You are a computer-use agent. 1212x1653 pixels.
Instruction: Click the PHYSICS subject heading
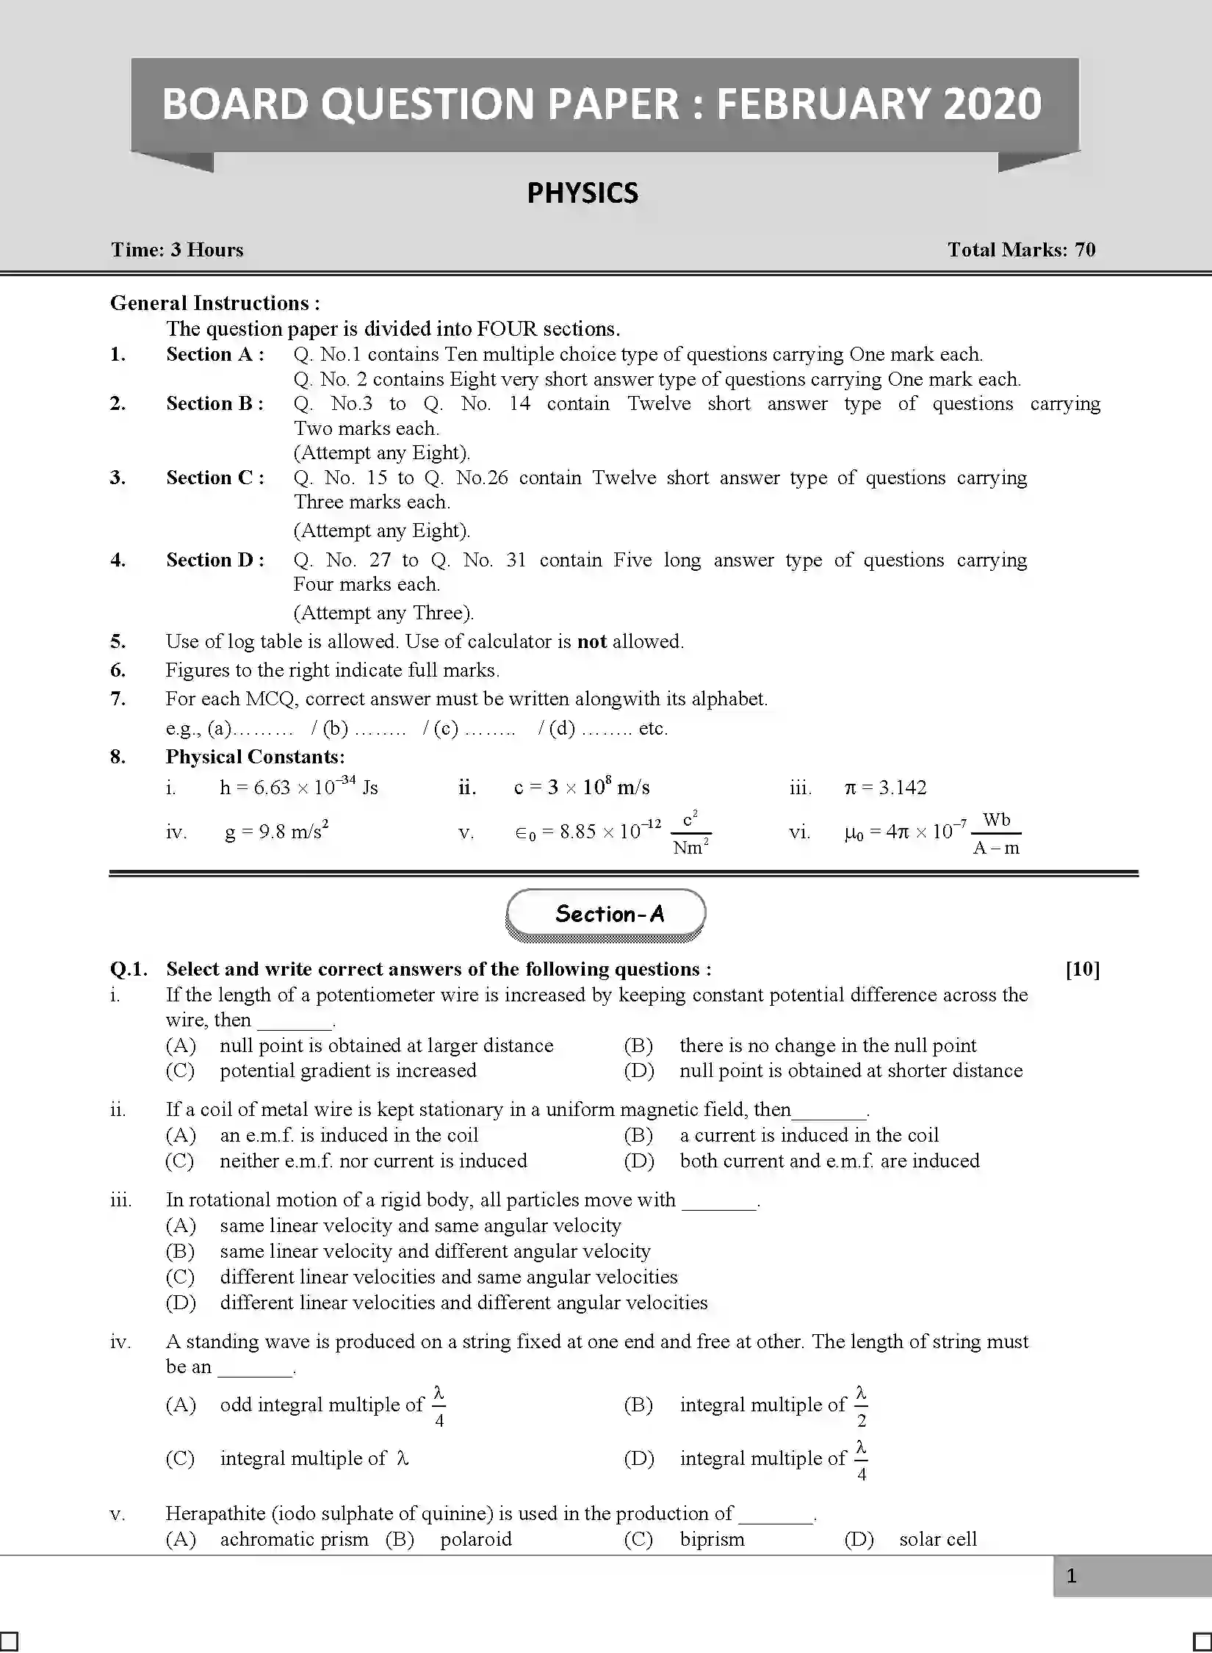point(582,193)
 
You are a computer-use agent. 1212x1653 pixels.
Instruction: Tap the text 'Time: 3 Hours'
point(177,250)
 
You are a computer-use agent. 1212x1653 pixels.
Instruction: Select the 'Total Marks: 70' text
point(1021,250)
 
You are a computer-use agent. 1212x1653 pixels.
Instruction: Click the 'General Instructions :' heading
point(214,303)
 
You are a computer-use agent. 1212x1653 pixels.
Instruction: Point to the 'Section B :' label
point(214,403)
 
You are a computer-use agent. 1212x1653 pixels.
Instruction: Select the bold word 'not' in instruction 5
point(591,641)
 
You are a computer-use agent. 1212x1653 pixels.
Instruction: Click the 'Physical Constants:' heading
point(255,757)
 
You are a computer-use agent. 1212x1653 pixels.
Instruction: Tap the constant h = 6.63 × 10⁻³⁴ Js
point(298,788)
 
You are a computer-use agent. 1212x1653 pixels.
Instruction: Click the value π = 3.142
point(885,788)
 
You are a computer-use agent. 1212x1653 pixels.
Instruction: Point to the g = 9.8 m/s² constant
point(276,832)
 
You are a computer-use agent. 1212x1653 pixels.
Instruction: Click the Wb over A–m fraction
point(996,834)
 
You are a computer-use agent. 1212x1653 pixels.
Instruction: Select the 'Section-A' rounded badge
point(606,914)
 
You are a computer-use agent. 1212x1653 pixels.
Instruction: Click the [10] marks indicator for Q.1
point(1082,970)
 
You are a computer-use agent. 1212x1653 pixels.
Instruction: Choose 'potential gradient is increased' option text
point(347,1070)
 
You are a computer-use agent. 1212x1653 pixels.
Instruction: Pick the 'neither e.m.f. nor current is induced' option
point(373,1161)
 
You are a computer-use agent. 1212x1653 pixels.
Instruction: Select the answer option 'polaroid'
point(475,1539)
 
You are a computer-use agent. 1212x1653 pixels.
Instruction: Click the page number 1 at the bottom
point(1071,1576)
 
